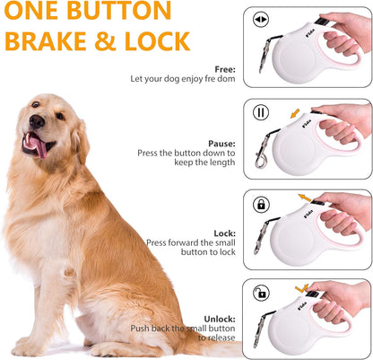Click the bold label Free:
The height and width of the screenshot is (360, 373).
pos(225,69)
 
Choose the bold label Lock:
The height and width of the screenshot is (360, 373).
pos(224,233)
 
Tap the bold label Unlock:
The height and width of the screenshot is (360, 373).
pos(219,318)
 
